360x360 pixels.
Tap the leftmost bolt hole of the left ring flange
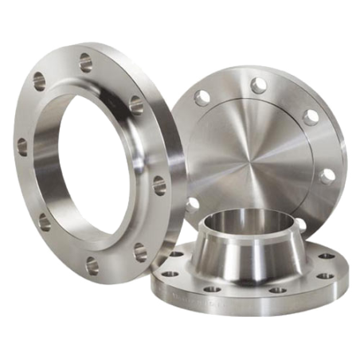tap(22, 146)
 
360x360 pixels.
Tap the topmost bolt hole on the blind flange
tap(258, 84)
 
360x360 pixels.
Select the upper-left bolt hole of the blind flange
tap(204, 97)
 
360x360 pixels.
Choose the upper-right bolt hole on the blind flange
tap(311, 116)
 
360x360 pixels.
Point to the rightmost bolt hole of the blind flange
tap(326, 175)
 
